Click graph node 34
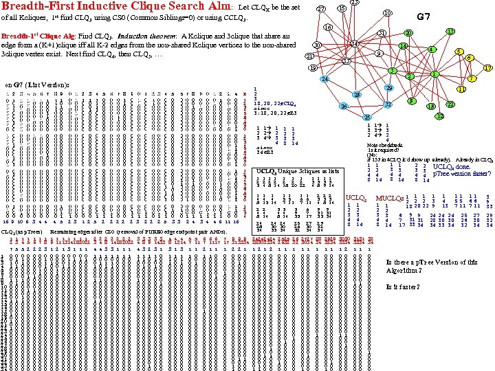[353, 44]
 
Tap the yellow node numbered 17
[487, 68]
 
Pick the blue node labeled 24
[324, 80]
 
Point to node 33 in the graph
[346, 62]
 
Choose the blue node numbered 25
[367, 117]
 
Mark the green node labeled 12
[439, 116]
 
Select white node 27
[320, 9]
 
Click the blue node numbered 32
[388, 104]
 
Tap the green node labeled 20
[408, 33]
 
